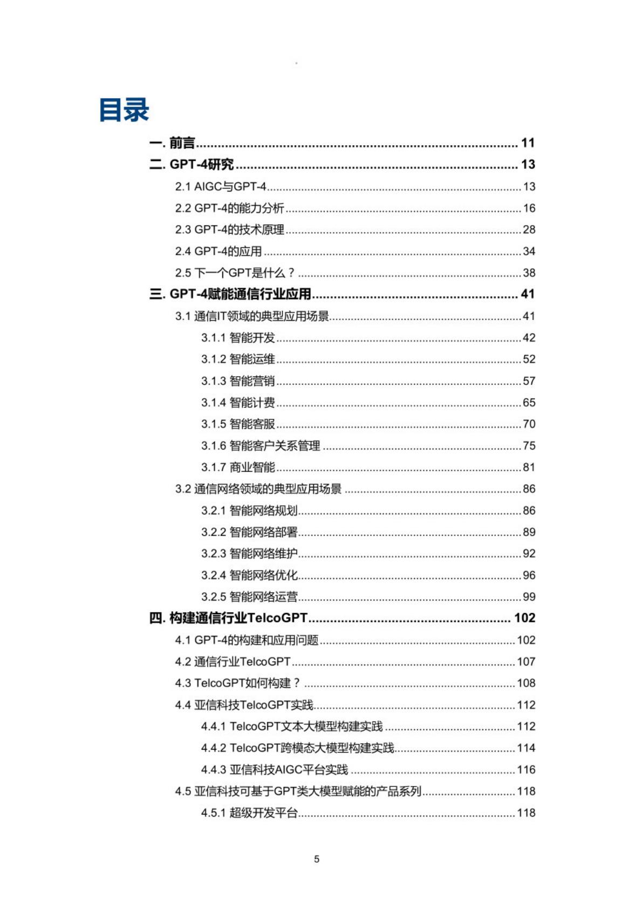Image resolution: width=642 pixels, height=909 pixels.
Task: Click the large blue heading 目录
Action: point(124,110)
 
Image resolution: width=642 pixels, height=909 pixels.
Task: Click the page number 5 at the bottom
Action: point(317,859)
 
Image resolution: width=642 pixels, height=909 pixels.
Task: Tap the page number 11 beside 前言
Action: point(528,143)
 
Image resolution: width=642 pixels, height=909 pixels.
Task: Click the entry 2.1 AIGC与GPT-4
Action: point(220,187)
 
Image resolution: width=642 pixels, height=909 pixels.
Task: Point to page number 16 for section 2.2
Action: point(529,208)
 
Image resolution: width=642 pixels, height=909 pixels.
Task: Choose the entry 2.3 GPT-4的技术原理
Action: point(229,230)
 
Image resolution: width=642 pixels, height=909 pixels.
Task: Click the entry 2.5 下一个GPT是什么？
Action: point(235,273)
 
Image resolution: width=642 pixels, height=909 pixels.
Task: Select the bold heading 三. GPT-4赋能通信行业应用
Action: point(230,294)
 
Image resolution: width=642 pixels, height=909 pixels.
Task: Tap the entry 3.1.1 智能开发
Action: point(238,338)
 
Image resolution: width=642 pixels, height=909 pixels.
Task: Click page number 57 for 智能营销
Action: point(529,381)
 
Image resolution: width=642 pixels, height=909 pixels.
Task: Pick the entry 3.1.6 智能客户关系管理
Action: point(261,446)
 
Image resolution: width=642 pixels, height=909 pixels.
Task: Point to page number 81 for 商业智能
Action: point(529,467)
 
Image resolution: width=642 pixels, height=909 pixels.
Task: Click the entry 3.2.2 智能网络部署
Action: point(249,532)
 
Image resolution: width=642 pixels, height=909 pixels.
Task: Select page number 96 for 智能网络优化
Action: point(529,575)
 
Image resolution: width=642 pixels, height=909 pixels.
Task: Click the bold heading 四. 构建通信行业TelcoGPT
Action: point(228,618)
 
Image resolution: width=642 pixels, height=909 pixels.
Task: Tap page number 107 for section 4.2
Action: point(526,662)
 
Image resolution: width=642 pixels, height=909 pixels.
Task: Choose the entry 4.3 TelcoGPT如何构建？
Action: point(237,683)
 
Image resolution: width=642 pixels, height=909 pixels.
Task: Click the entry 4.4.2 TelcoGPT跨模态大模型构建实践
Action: point(297,748)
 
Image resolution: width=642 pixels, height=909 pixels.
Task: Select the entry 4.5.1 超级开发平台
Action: point(249,813)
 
